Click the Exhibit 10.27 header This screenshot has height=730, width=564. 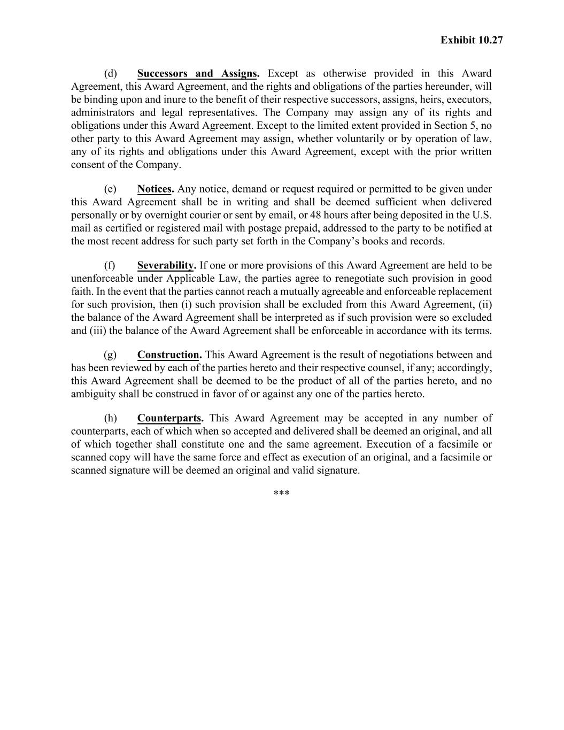click(x=472, y=40)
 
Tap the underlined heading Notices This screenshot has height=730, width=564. click(x=155, y=189)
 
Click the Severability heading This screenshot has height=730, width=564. click(x=166, y=266)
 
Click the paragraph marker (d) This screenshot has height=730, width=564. click(x=110, y=74)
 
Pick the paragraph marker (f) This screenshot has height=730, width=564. click(x=110, y=266)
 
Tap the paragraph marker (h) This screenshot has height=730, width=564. click(x=110, y=418)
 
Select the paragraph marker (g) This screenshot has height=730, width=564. click(x=110, y=355)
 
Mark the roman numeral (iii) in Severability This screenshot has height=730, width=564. click(x=97, y=331)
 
